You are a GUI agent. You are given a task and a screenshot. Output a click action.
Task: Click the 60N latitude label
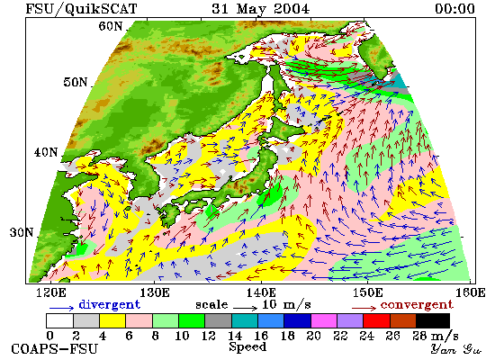pos(110,26)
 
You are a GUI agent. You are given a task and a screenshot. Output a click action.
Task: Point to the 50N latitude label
pos(75,82)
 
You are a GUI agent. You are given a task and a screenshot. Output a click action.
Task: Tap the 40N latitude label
pos(46,152)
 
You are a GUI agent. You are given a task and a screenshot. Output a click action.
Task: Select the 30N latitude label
pos(22,232)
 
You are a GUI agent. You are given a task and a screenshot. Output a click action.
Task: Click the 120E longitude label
pos(51,292)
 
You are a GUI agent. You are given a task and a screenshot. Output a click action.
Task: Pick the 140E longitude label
pos(261,292)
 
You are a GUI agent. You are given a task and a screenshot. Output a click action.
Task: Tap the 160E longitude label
pos(471,292)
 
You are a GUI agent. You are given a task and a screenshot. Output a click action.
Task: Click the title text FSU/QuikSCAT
pos(81,8)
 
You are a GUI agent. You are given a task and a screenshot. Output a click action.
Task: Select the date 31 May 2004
pos(260,8)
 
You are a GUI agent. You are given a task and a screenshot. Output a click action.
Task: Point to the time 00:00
pos(454,8)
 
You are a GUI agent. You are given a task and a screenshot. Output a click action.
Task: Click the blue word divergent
pos(109,304)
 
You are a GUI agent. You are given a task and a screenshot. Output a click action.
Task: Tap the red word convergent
pos(417,305)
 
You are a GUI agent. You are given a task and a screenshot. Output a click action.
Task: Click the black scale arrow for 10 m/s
pos(246,307)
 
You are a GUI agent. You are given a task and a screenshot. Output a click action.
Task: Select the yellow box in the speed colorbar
pos(112,320)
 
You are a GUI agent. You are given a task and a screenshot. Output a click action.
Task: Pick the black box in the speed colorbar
pos(433,320)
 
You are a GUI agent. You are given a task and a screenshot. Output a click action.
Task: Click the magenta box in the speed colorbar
pos(324,320)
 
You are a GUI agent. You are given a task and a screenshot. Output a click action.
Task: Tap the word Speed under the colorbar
pos(247,346)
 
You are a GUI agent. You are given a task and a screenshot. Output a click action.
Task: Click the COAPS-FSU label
pos(54,349)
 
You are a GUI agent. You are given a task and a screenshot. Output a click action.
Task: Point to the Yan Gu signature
pos(456,349)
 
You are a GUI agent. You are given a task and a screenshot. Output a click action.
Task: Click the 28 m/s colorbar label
pos(436,336)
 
